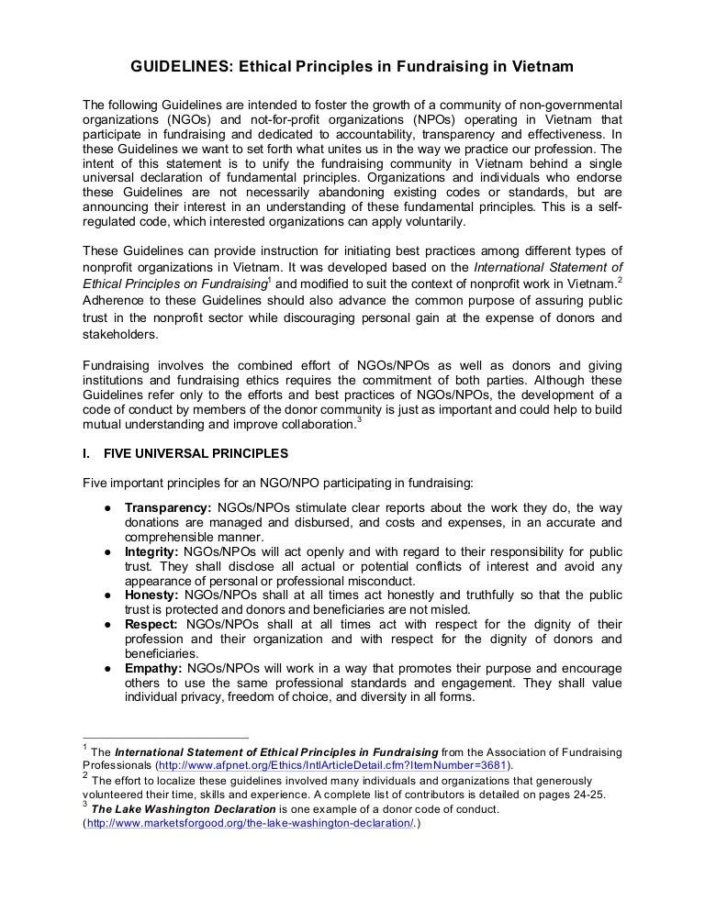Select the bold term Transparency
click(x=168, y=508)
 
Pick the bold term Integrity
click(x=151, y=551)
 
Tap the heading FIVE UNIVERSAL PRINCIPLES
click(x=196, y=453)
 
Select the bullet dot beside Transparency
click(x=107, y=508)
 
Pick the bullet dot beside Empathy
click(x=107, y=668)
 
